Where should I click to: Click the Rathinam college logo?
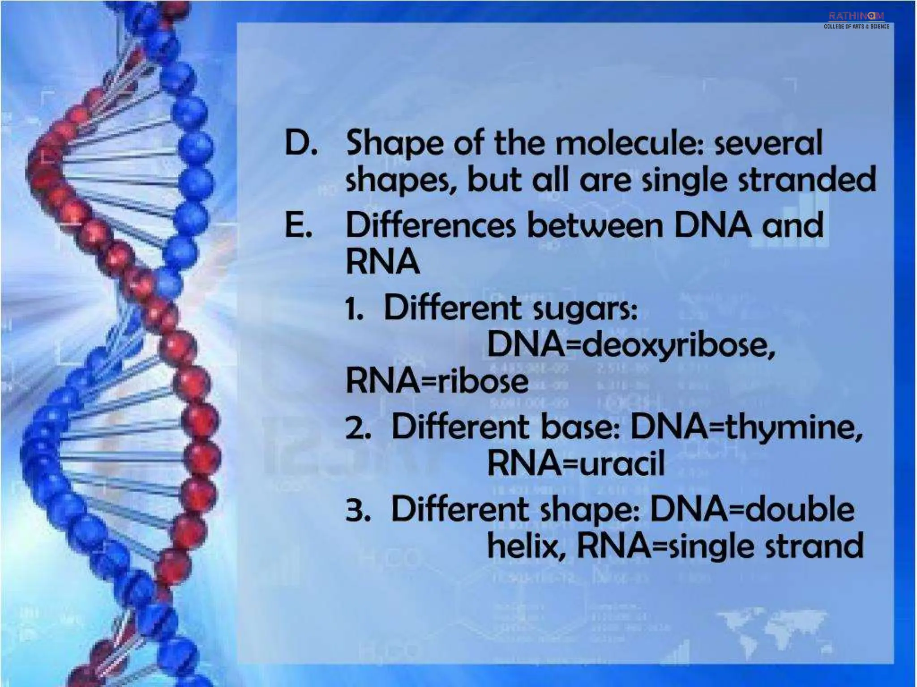(x=856, y=20)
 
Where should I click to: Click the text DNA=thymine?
(x=746, y=428)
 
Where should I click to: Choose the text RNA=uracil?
(x=576, y=463)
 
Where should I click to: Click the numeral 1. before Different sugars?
(x=354, y=309)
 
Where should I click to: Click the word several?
(x=768, y=143)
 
